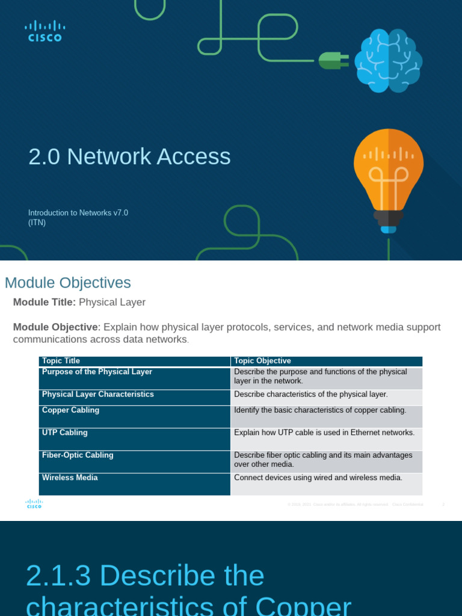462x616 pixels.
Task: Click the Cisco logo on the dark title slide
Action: click(x=45, y=31)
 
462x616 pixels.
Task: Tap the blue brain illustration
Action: click(x=388, y=61)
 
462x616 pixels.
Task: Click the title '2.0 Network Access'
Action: click(x=129, y=156)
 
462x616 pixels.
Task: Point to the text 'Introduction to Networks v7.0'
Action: click(x=78, y=212)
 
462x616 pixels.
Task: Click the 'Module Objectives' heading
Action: click(x=67, y=283)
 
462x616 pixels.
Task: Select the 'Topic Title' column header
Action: click(x=61, y=361)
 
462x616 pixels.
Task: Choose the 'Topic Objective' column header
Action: click(x=262, y=361)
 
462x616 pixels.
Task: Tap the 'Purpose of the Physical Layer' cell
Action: click(x=97, y=372)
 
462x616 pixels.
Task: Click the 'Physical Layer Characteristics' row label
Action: click(x=97, y=394)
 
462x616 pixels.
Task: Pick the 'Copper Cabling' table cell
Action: click(x=70, y=410)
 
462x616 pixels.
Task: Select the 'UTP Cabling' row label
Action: click(x=64, y=433)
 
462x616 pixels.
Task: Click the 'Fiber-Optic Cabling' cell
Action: click(x=78, y=455)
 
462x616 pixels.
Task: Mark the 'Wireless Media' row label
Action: click(x=70, y=477)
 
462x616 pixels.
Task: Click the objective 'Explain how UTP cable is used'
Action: click(x=324, y=433)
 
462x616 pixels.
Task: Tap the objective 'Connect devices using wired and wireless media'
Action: click(x=318, y=478)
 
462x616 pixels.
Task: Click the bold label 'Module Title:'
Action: click(x=45, y=302)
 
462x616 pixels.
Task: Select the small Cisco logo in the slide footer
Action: click(x=34, y=504)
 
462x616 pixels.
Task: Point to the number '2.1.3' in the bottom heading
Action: click(x=58, y=576)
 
